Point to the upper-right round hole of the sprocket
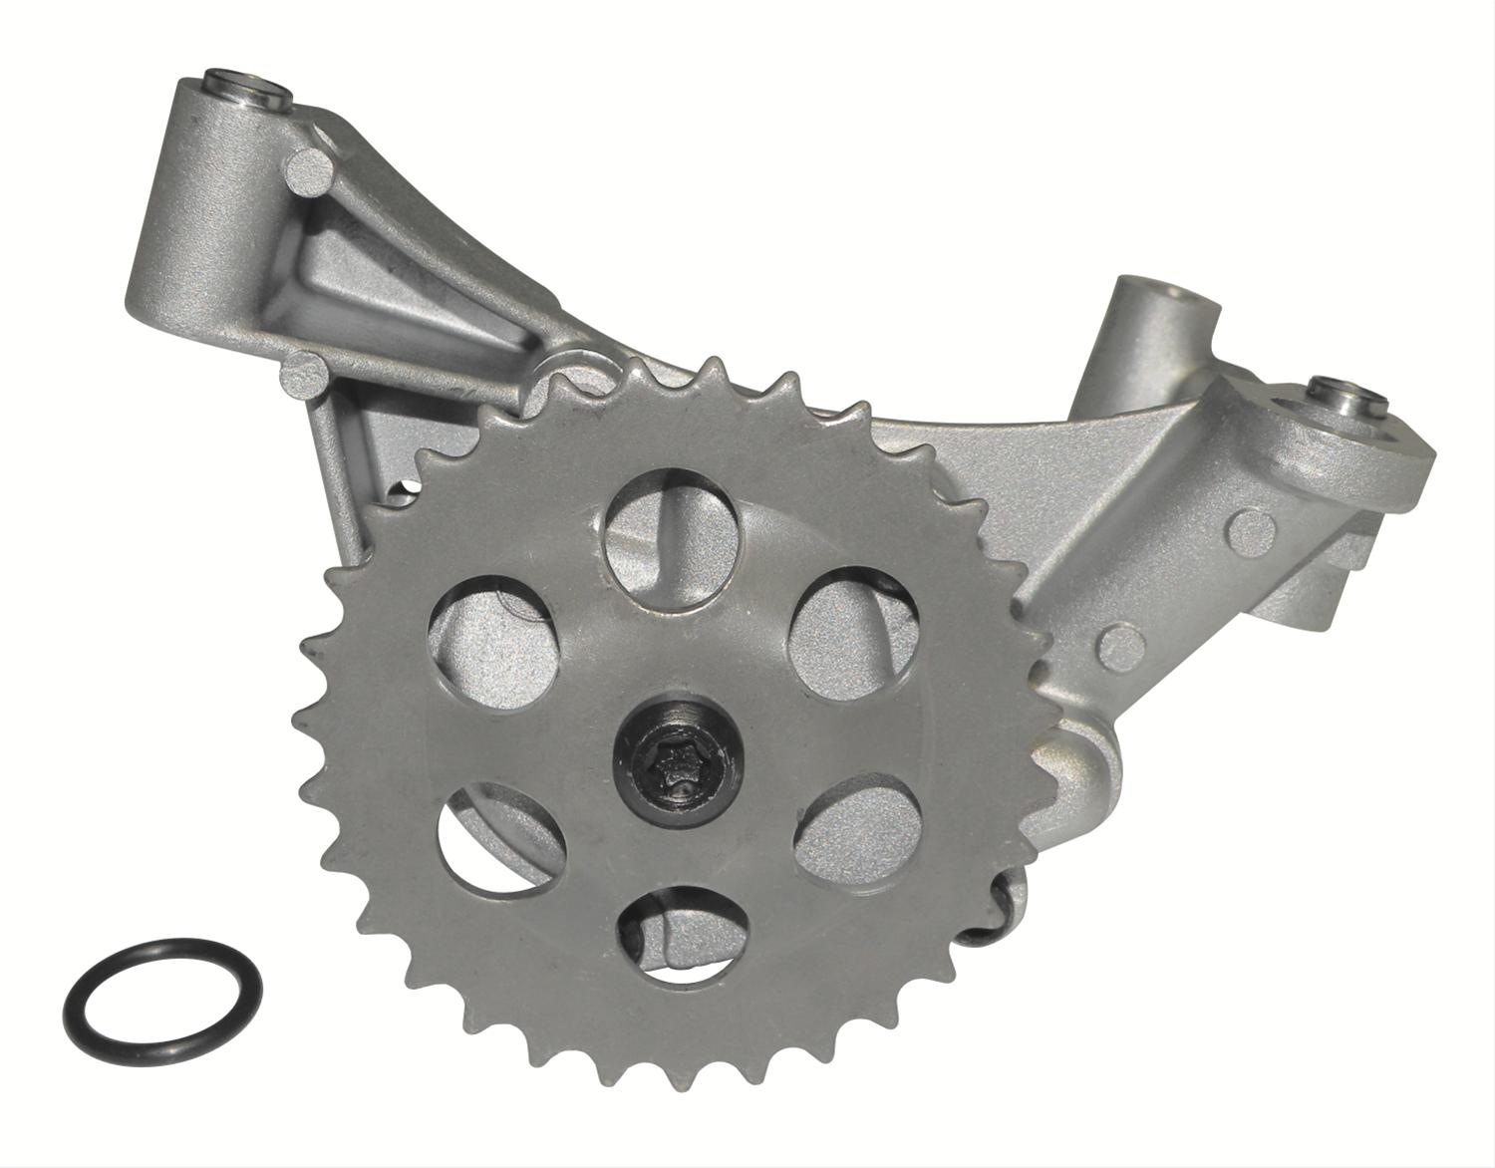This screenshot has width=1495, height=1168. click(849, 621)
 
